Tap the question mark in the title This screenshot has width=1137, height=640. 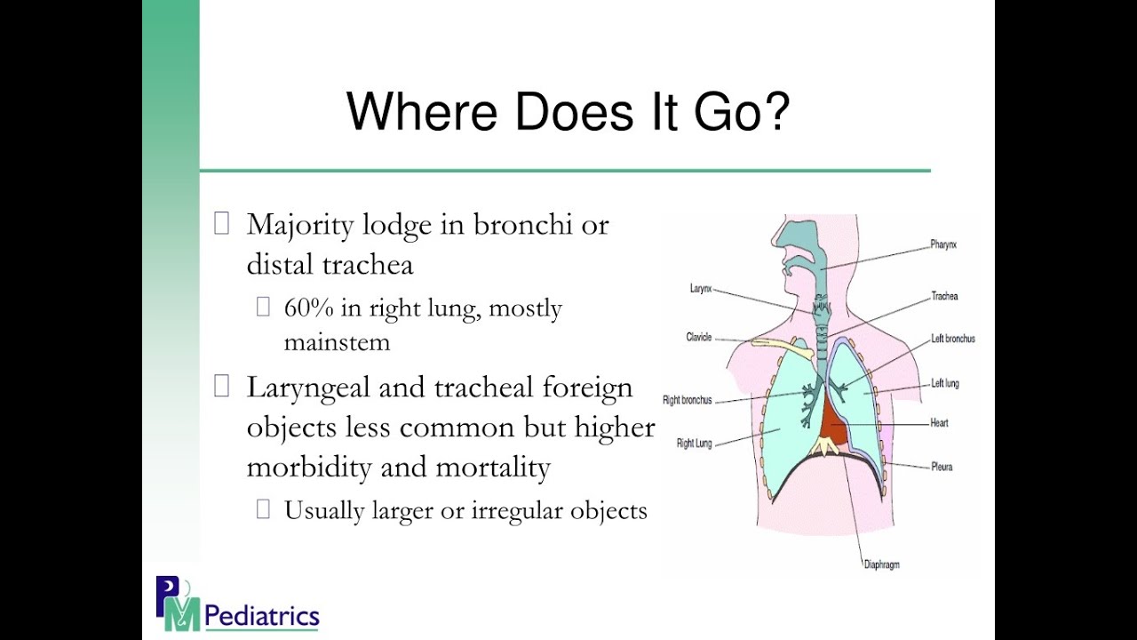775,111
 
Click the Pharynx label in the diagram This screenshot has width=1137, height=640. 943,244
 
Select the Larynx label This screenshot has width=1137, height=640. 701,289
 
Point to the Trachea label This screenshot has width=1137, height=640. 944,296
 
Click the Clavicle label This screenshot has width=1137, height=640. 698,338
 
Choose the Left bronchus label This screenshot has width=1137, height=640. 952,340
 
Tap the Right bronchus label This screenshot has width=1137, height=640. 688,401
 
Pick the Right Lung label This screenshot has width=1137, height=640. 694,443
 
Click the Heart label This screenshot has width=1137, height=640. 939,423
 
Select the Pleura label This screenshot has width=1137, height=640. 942,467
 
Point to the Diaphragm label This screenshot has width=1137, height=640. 881,564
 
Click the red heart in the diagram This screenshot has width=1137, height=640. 832,422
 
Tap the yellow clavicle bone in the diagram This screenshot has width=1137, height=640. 782,345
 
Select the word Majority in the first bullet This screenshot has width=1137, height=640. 298,225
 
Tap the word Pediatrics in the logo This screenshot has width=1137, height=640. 261,615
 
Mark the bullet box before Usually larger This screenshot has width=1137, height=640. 263,509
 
